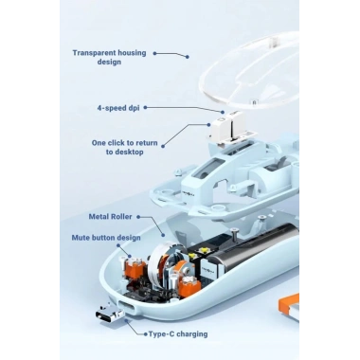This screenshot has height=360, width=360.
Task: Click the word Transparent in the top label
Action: coord(97,53)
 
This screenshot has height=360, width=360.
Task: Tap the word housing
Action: coord(135,53)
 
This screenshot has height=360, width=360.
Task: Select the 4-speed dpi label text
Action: coord(118,108)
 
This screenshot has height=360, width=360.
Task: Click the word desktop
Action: coord(129,153)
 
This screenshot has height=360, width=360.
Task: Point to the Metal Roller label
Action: coord(110,217)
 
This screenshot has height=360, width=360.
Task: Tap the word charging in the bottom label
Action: coord(192,334)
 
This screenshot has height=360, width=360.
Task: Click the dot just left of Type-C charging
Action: coord(145,334)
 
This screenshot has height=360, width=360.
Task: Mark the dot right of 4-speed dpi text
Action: coord(145,108)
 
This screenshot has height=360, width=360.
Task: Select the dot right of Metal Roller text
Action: coord(138,217)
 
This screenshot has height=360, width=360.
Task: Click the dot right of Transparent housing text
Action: coord(154,53)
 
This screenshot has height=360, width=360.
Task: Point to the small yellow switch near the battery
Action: coord(201,251)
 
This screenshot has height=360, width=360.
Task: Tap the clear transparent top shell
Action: coord(249,71)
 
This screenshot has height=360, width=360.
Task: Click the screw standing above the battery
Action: coord(235,235)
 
